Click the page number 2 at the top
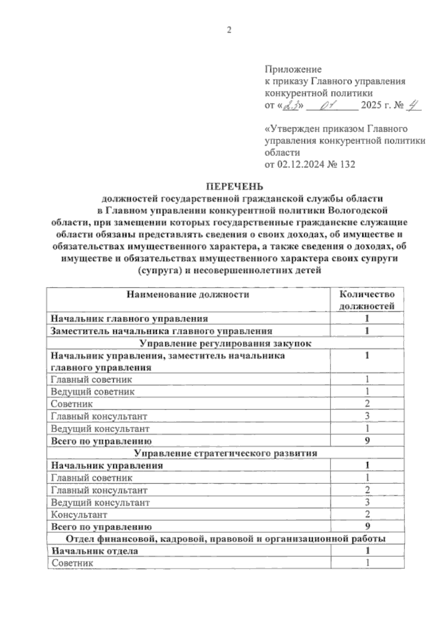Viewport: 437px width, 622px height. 229,31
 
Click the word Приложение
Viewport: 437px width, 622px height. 293,69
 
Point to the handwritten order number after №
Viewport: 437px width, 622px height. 413,105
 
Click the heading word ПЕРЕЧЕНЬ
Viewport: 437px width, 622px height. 235,187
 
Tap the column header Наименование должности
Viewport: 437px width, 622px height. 188,294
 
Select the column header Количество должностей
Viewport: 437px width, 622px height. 367,300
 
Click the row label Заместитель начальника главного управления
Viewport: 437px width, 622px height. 162,331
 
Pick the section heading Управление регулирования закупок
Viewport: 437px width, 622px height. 226,344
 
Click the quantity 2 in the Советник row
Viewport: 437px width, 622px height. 367,404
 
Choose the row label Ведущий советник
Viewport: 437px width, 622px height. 93,392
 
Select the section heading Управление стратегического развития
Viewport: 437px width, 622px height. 226,453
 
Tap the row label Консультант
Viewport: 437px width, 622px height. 79,515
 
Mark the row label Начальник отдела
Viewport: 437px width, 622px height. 95,551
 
